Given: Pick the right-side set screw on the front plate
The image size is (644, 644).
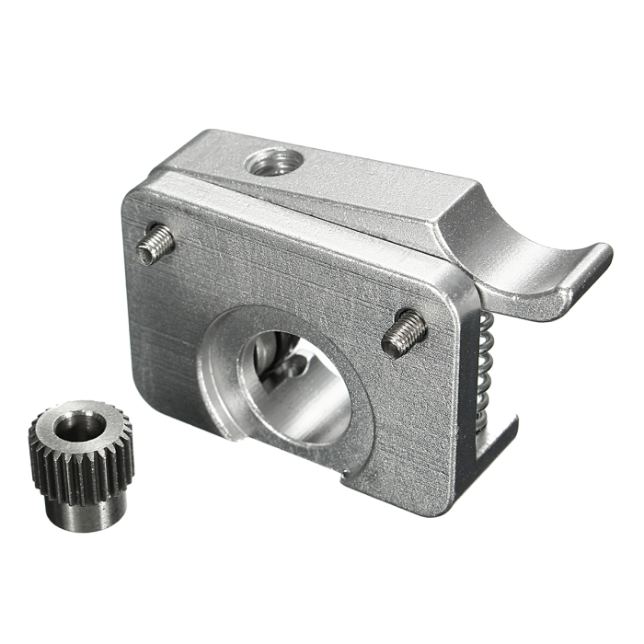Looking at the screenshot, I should coord(403,332).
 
